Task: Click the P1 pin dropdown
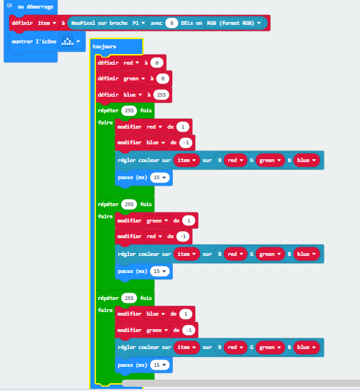point(139,23)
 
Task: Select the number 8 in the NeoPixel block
point(171,23)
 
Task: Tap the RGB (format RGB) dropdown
point(233,23)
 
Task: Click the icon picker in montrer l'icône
point(71,41)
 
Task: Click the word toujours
point(105,47)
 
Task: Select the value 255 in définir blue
point(162,95)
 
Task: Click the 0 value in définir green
point(163,79)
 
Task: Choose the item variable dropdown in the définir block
point(47,23)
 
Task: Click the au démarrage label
point(36,6)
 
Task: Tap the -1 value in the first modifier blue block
point(186,143)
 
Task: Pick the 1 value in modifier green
point(189,220)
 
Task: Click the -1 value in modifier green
point(189,330)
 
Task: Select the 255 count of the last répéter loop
point(129,299)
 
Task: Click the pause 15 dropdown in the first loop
point(159,178)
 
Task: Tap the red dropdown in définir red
point(131,63)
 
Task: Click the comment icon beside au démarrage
point(9,6)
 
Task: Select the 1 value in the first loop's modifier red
point(183,127)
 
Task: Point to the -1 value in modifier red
point(183,237)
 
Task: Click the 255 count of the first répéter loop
point(129,111)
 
